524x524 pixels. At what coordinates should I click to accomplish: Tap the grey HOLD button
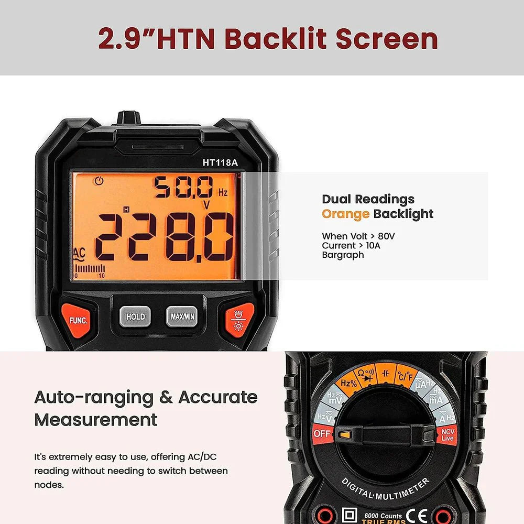pyautogui.click(x=135, y=316)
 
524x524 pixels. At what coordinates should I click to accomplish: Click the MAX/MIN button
pyautogui.click(x=182, y=316)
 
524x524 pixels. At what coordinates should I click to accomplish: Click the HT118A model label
pyautogui.click(x=220, y=162)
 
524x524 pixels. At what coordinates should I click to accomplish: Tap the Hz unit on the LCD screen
pyautogui.click(x=223, y=193)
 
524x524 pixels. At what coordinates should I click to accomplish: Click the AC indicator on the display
pyautogui.click(x=79, y=253)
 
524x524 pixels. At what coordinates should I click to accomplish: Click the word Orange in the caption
pyautogui.click(x=346, y=214)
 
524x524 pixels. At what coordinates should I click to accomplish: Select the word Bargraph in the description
pyautogui.click(x=343, y=255)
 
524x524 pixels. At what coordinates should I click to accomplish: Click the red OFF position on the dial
pyautogui.click(x=321, y=434)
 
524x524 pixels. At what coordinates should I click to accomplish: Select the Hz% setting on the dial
pyautogui.click(x=349, y=383)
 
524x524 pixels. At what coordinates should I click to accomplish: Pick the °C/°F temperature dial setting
pyautogui.click(x=406, y=376)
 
